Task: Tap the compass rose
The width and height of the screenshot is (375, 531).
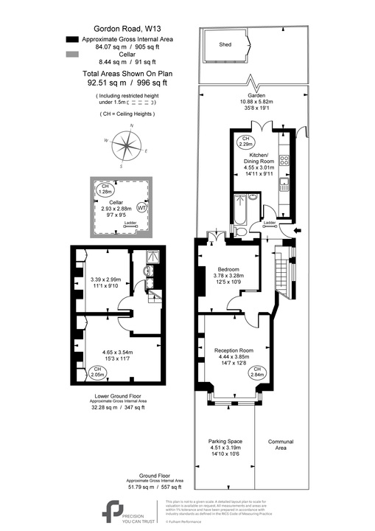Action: click(x=129, y=147)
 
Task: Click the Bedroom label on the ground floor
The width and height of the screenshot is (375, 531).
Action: click(x=227, y=269)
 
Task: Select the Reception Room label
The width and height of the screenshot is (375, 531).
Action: click(x=234, y=350)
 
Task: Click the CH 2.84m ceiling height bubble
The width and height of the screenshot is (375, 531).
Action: click(x=257, y=372)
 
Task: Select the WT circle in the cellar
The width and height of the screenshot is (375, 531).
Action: click(x=141, y=208)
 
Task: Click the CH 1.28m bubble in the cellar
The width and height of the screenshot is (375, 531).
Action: click(x=105, y=189)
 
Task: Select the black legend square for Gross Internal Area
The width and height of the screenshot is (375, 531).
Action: click(x=71, y=38)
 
